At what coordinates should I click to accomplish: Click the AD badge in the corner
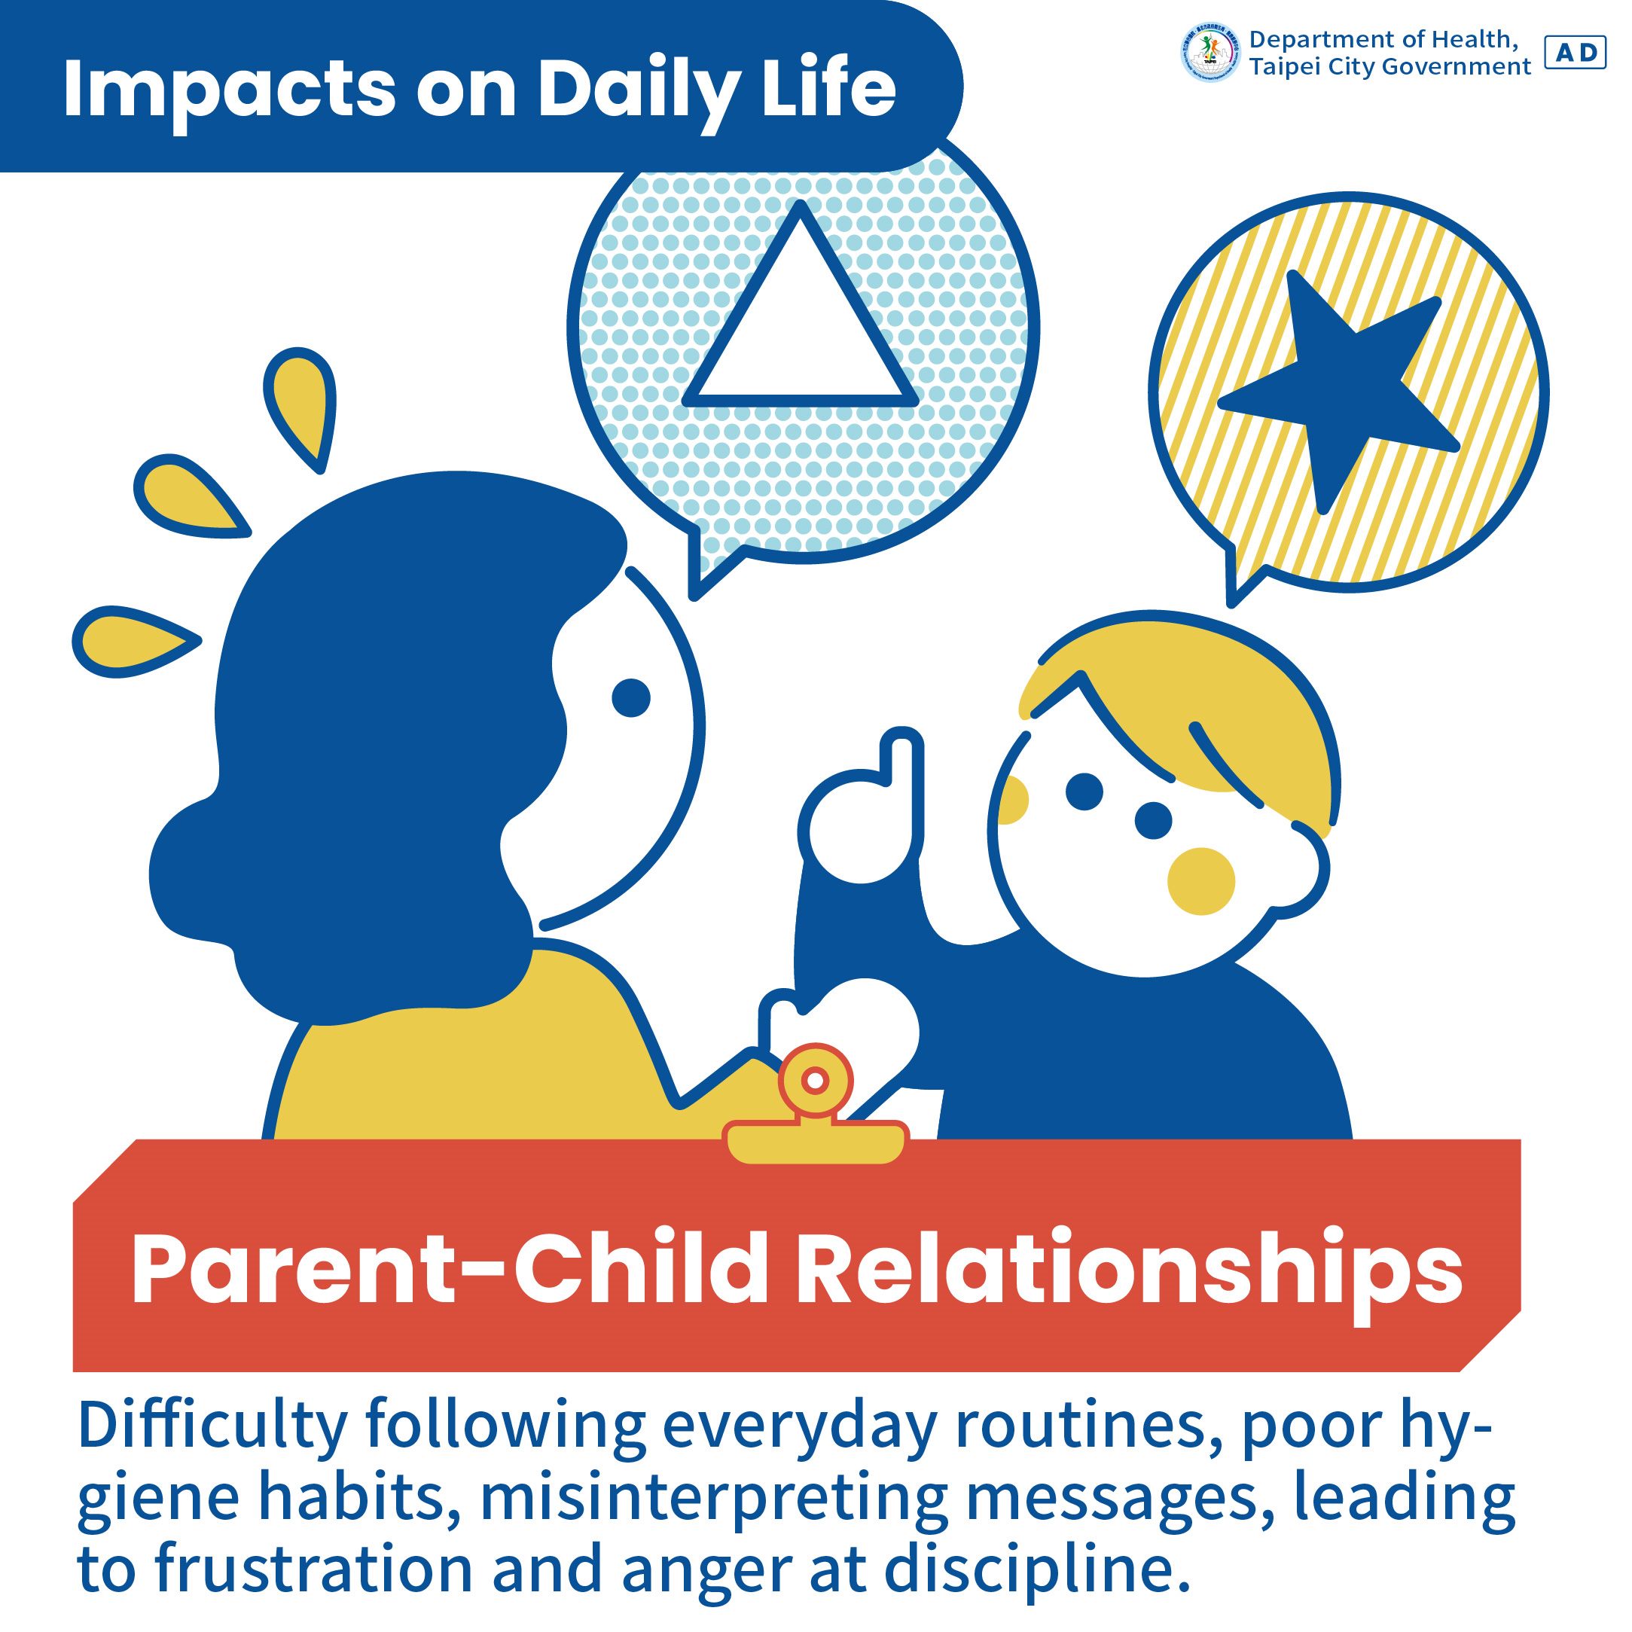click(1576, 53)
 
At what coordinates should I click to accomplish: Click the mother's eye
click(630, 697)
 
